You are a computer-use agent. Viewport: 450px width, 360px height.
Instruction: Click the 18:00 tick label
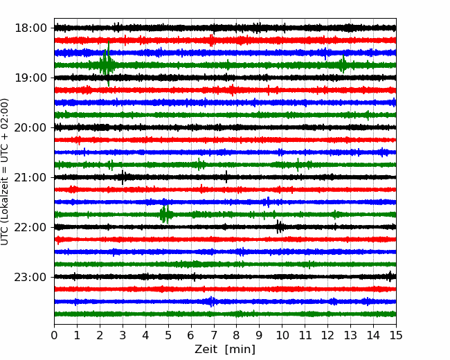coord(30,28)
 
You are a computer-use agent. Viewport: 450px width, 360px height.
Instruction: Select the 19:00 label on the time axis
coord(30,78)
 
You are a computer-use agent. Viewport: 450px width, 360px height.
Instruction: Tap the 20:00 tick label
coord(30,127)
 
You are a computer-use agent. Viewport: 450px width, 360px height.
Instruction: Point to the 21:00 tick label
coord(30,177)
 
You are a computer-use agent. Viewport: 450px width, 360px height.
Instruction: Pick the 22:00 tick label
coord(30,227)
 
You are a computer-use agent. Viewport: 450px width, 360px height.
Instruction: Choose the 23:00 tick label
coord(30,277)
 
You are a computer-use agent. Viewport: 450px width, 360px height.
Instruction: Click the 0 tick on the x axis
coord(54,335)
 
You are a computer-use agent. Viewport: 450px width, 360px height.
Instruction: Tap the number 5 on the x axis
coord(168,335)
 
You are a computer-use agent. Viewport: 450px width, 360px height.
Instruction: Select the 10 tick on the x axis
coord(282,335)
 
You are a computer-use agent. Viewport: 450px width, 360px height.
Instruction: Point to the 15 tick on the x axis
coord(396,335)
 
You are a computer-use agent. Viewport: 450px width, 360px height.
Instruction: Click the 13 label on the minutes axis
coord(350,335)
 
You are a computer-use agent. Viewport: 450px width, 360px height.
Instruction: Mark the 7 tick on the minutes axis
coord(214,335)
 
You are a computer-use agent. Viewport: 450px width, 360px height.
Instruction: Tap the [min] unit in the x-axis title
coord(240,350)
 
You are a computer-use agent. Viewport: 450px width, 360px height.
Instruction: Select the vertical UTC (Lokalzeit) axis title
coord(5,172)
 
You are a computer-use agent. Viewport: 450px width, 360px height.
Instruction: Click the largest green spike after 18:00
coord(108,63)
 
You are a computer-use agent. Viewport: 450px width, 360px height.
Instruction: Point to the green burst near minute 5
coord(166,214)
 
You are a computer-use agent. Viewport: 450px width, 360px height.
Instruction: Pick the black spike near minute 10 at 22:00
coord(279,227)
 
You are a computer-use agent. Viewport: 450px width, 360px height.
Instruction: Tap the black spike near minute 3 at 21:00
coord(123,177)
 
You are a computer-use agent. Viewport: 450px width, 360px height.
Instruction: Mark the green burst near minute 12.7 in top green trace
coord(343,64)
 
